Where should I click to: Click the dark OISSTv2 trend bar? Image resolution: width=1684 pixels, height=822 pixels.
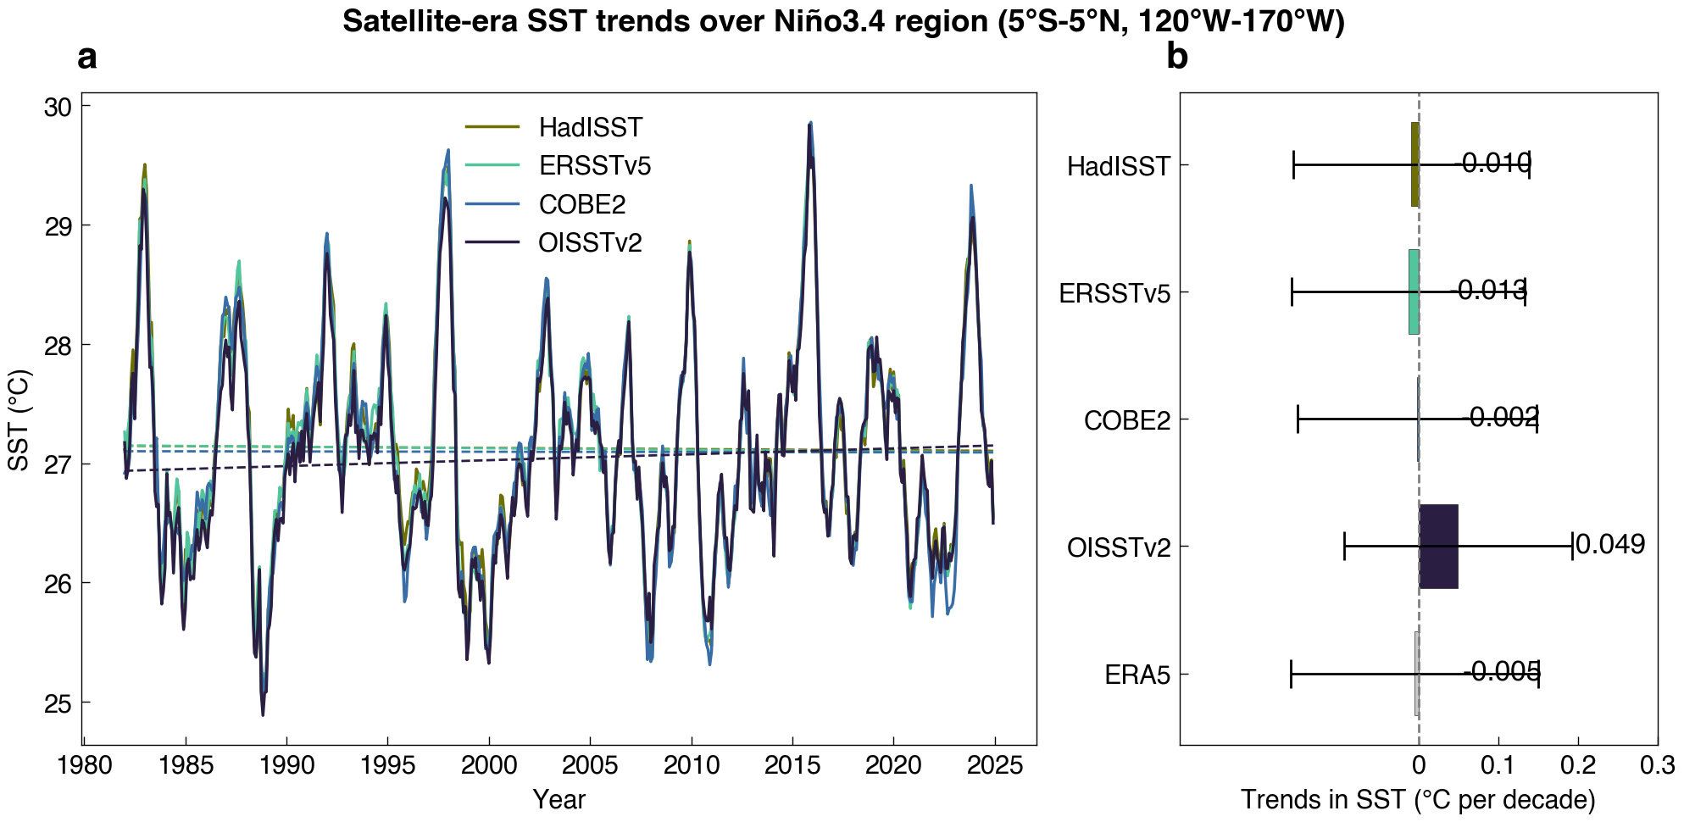tap(1438, 547)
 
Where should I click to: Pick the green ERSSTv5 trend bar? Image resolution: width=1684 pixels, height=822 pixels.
tap(1414, 292)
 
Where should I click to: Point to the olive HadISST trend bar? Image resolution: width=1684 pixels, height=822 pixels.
tap(1414, 164)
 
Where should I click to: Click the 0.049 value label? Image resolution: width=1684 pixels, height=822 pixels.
tap(1610, 544)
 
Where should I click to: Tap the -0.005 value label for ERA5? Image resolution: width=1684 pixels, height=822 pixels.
tap(1502, 672)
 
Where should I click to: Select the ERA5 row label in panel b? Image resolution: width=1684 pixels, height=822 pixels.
tap(1137, 675)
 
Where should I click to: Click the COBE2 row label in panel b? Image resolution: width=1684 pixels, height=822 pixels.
tap(1126, 420)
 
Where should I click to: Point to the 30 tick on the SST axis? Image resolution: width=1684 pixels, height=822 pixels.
tap(58, 108)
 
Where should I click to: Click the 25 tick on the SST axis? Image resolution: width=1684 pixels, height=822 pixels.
tap(58, 703)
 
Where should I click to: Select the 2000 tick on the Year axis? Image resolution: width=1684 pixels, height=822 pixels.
tap(489, 766)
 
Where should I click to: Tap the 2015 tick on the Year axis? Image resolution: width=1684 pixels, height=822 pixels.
tap(792, 766)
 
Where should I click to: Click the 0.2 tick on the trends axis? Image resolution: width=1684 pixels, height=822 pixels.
tap(1578, 766)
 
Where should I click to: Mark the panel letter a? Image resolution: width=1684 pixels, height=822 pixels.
tap(86, 58)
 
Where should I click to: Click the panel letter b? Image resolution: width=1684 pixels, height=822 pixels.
tap(1176, 58)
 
